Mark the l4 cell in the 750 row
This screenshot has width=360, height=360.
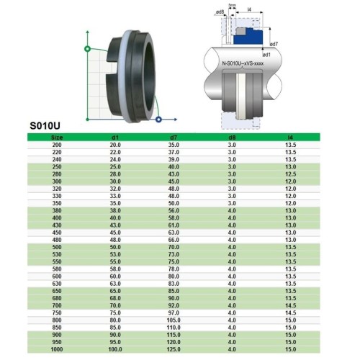point(290,313)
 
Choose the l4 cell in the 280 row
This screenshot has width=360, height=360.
point(290,174)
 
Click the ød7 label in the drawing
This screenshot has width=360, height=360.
point(274,43)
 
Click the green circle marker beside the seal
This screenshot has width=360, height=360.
point(87,49)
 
